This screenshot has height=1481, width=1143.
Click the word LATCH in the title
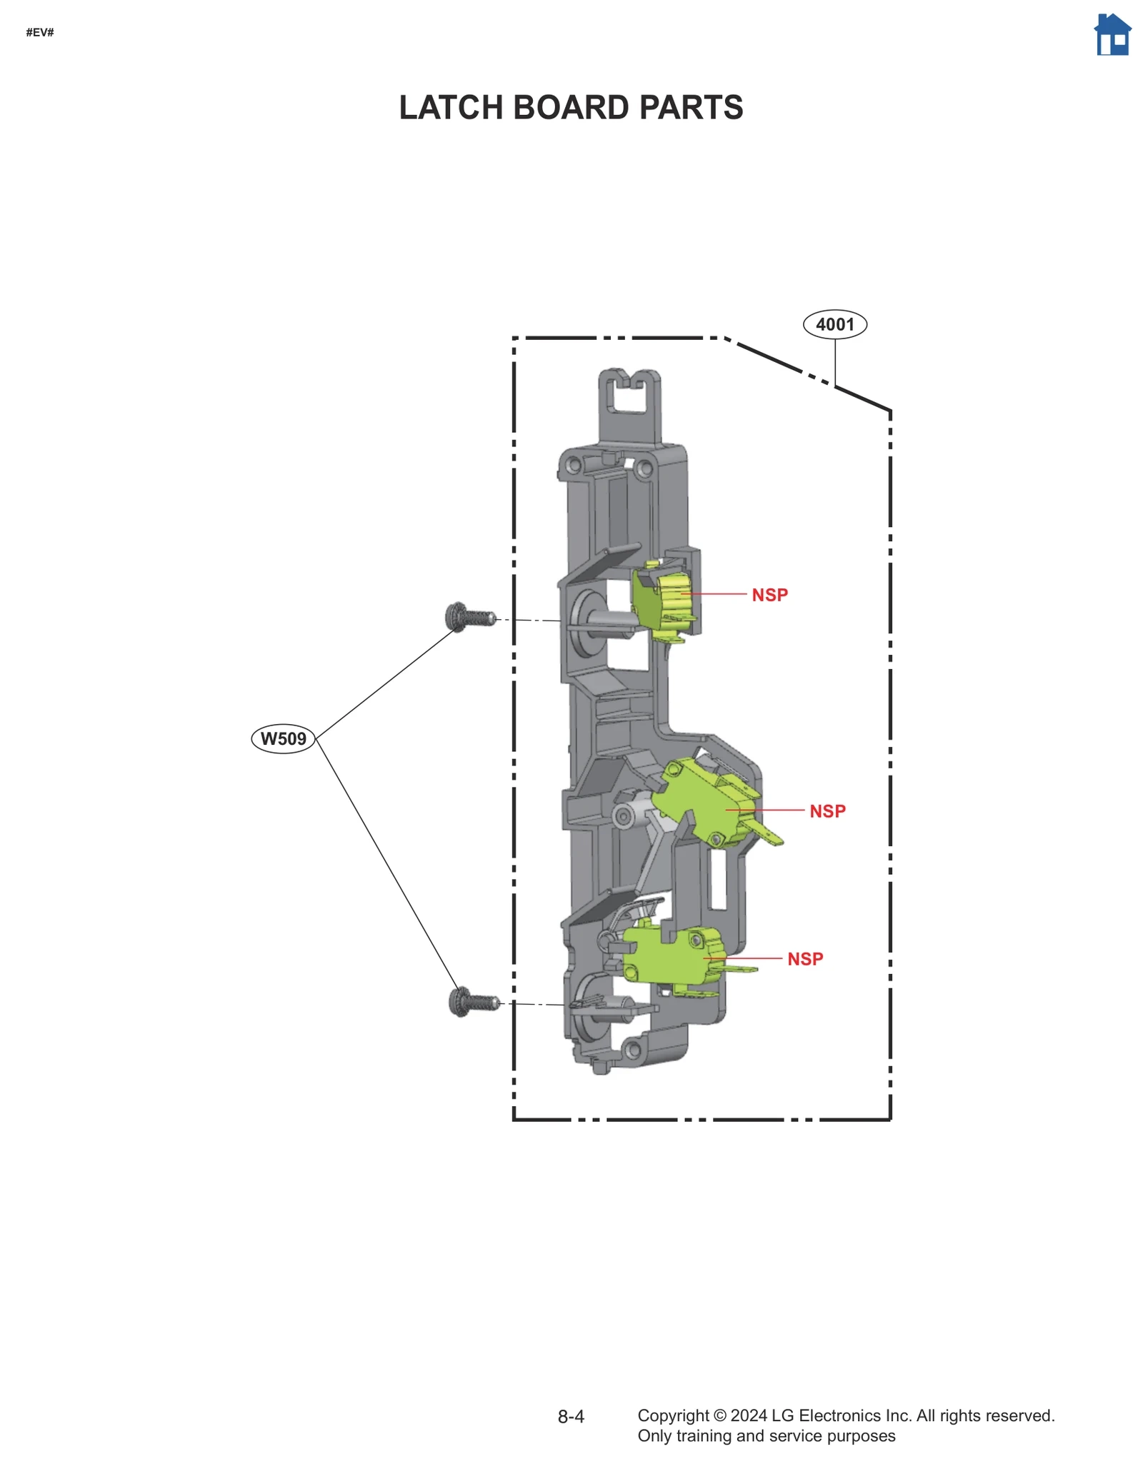coord(451,108)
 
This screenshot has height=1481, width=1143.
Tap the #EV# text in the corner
coord(40,32)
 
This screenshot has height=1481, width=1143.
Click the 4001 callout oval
coord(834,324)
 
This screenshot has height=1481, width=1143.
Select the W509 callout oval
coord(283,738)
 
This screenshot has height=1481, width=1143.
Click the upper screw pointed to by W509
coord(469,616)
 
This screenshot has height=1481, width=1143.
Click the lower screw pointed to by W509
coord(473,1001)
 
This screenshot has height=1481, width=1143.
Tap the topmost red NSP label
coord(769,595)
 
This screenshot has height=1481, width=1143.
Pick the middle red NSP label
coord(827,811)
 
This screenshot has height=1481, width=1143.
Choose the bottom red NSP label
coord(805,959)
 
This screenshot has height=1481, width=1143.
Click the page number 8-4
coord(571,1417)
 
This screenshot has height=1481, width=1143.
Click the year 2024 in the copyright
coord(748,1415)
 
